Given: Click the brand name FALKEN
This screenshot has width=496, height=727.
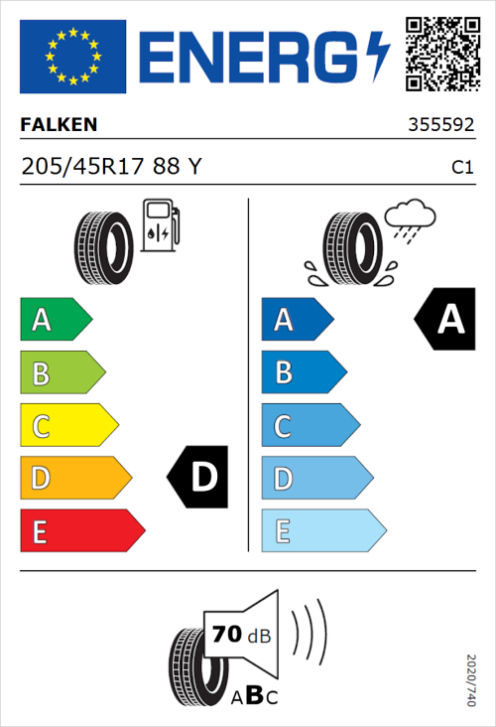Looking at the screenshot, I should point(59,126).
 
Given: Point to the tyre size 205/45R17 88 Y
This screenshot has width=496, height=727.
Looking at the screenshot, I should point(110,167).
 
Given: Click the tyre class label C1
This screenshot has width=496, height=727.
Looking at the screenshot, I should point(461,168).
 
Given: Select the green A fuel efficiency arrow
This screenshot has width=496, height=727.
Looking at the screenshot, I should point(55,320).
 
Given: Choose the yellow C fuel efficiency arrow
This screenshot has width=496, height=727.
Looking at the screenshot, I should point(67,426).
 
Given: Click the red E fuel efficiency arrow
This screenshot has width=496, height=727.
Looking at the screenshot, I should point(81,531).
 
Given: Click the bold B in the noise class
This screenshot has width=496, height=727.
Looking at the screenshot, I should point(253,694).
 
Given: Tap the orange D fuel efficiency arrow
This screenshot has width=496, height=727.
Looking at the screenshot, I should point(74,479).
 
